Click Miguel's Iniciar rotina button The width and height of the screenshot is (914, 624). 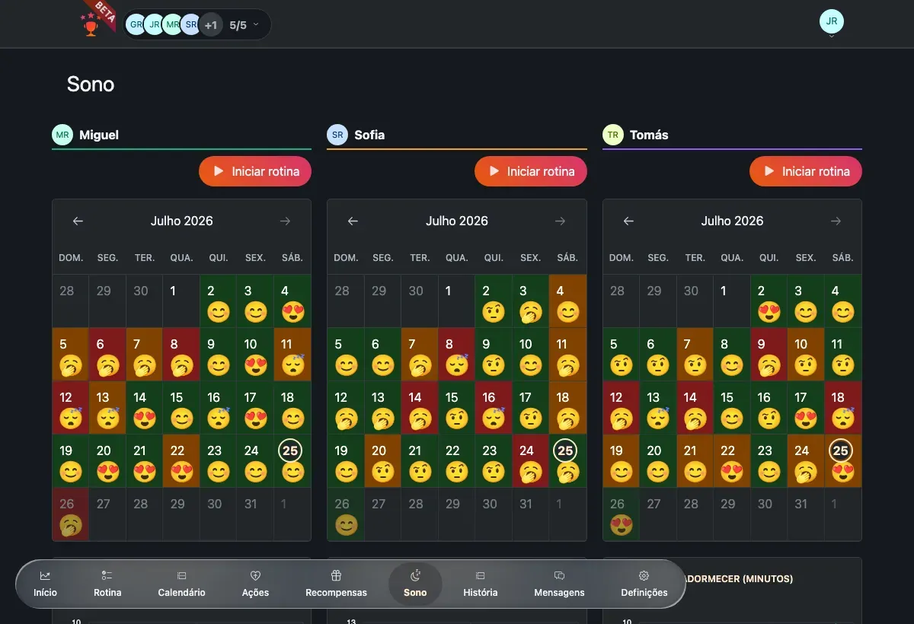255,171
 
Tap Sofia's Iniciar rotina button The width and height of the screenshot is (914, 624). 530,171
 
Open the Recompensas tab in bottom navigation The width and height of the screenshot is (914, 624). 336,584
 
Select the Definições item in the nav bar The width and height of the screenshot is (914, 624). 644,584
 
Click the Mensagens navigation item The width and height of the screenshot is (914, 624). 559,584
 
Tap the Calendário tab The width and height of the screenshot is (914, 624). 181,584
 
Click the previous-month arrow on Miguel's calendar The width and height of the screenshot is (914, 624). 78,221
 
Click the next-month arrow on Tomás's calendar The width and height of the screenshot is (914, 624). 836,221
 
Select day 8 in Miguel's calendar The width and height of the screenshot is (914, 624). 181,354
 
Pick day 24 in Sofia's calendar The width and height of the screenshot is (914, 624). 530,460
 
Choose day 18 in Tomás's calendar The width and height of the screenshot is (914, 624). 843,408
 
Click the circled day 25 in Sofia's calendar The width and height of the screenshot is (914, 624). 565,450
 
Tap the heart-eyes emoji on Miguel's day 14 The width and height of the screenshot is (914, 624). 145,419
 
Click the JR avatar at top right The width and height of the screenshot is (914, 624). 832,21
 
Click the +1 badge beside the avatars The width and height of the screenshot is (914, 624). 210,25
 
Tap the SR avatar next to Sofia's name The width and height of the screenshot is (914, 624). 337,135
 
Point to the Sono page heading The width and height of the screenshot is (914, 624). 91,84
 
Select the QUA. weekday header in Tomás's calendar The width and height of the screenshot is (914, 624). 732,257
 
